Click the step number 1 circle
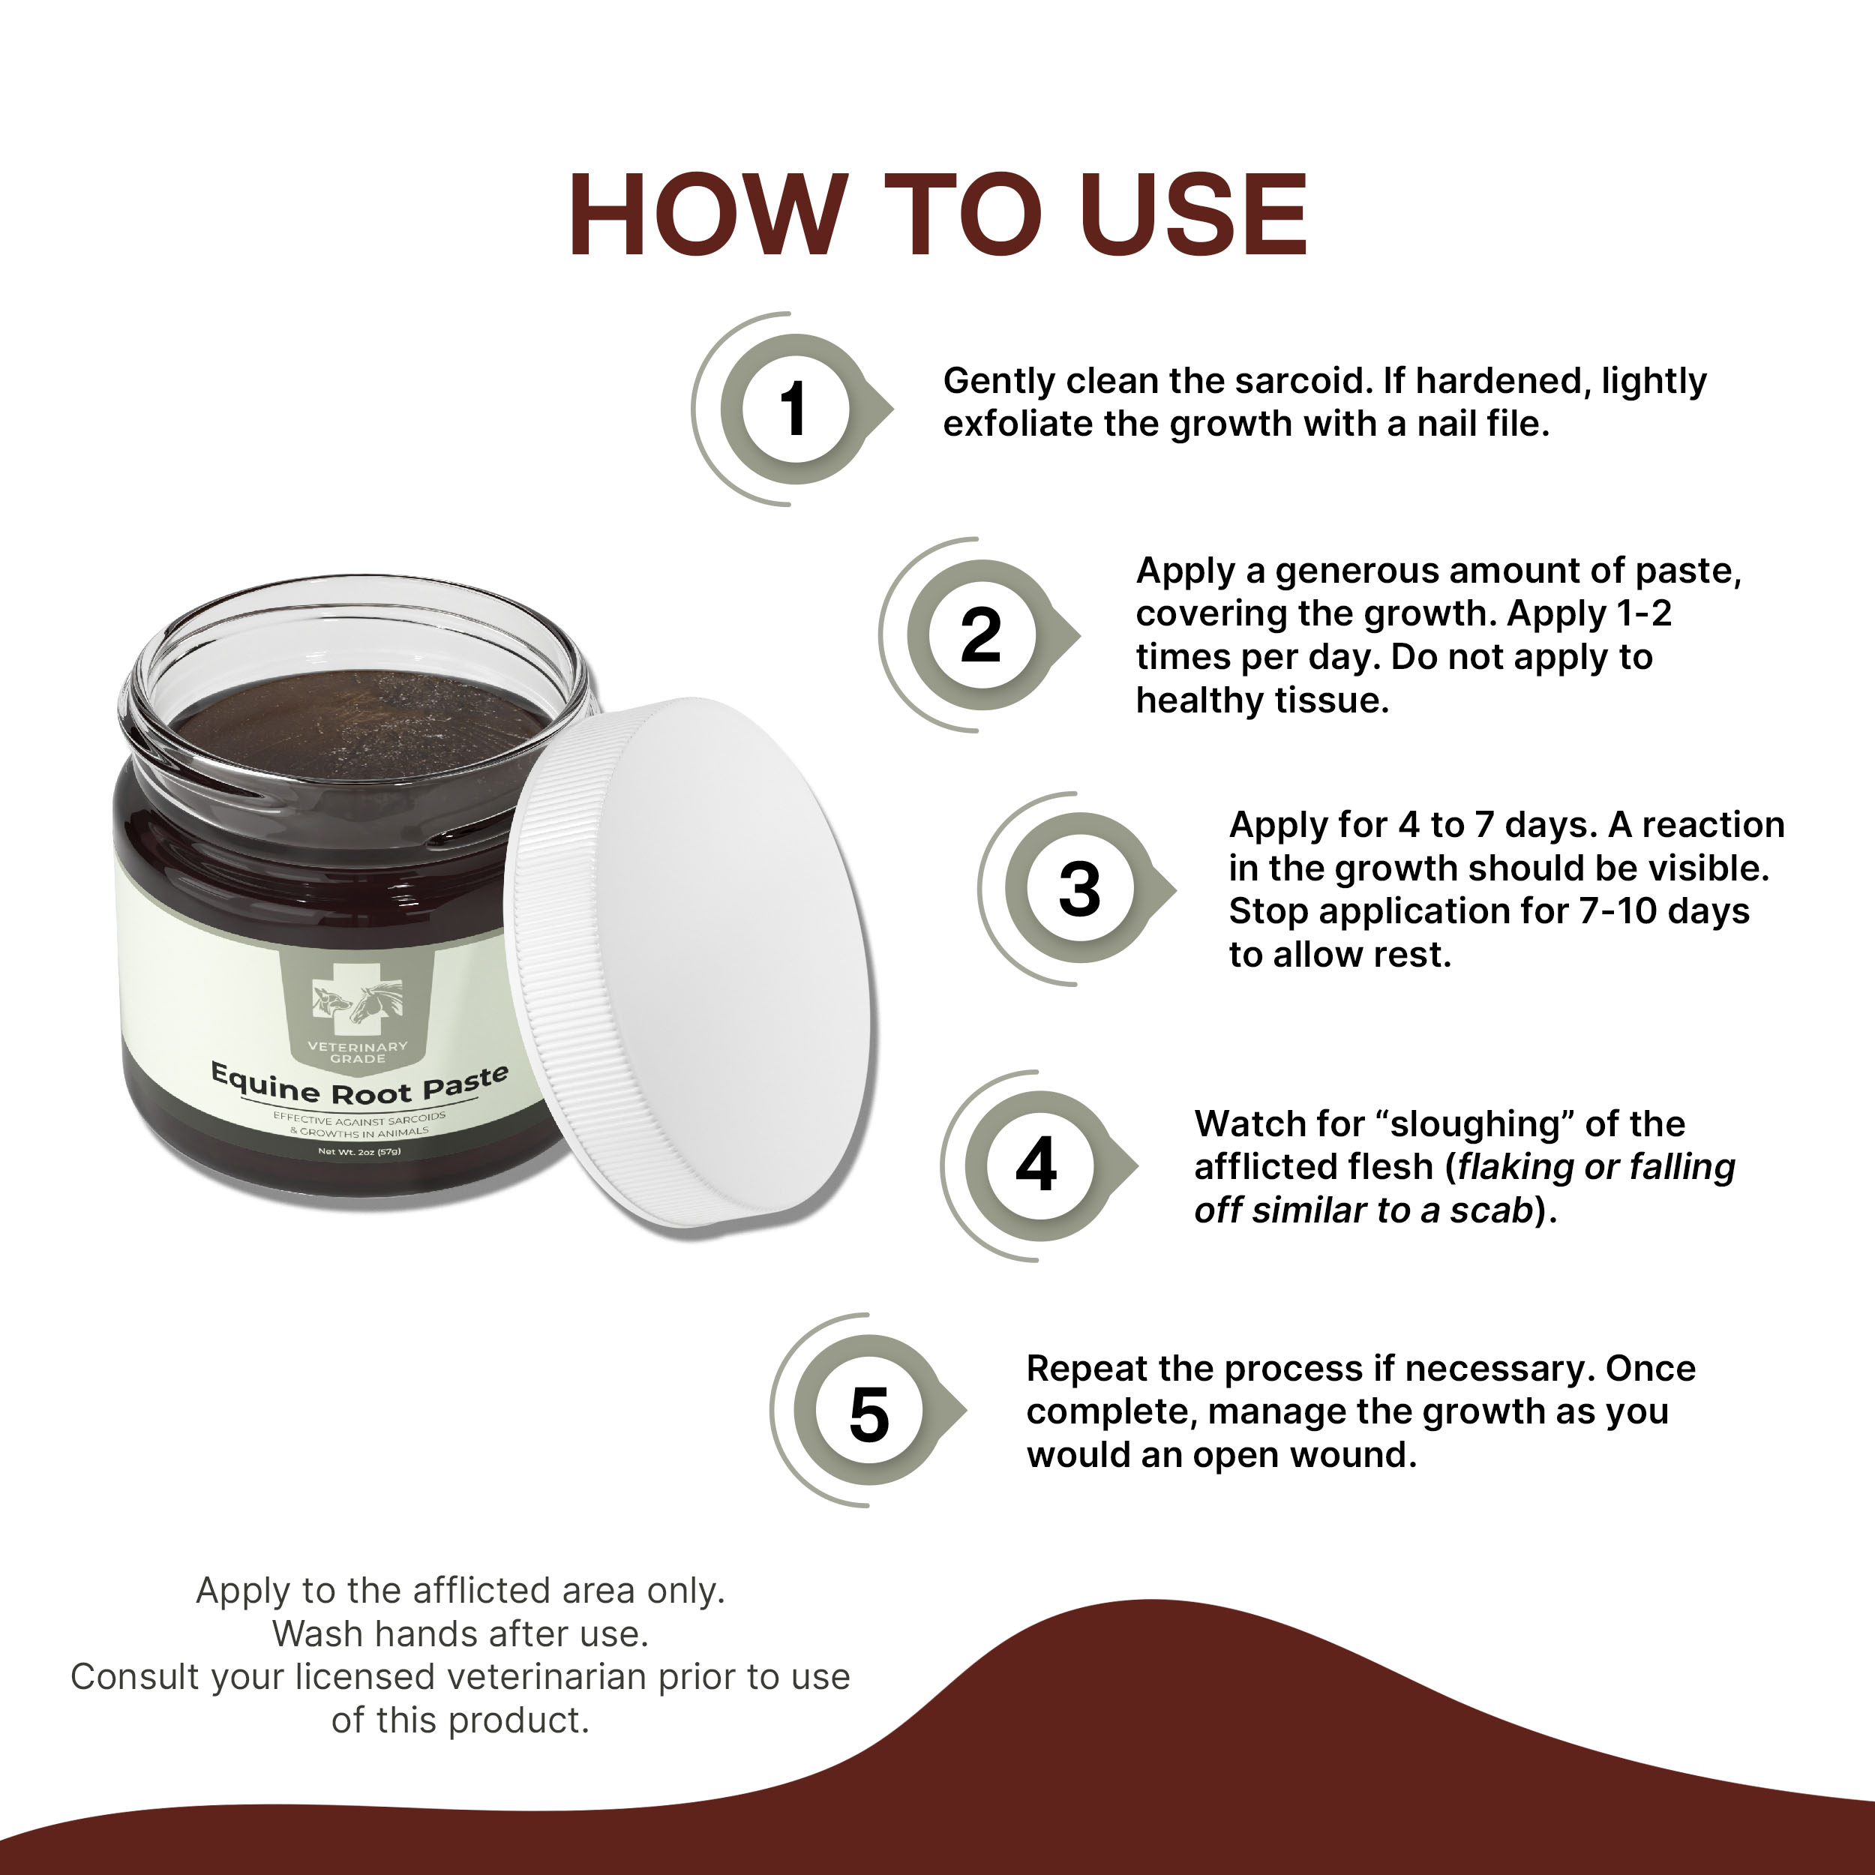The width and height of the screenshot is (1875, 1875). click(x=793, y=409)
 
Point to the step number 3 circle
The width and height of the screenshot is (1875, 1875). click(x=1078, y=889)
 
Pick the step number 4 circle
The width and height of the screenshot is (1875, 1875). click(x=1036, y=1165)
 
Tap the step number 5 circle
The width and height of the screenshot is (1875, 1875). click(x=868, y=1414)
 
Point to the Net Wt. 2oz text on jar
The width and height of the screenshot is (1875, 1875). click(x=359, y=1152)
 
